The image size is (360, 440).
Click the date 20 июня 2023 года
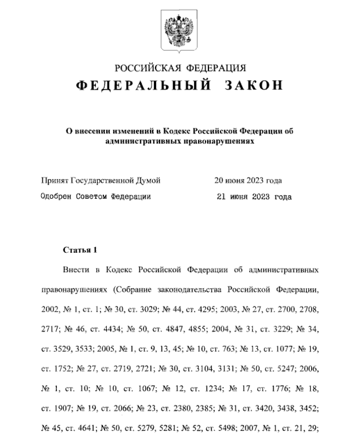248,181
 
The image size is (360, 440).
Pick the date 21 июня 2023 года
253,197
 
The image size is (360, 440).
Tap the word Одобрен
57,197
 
